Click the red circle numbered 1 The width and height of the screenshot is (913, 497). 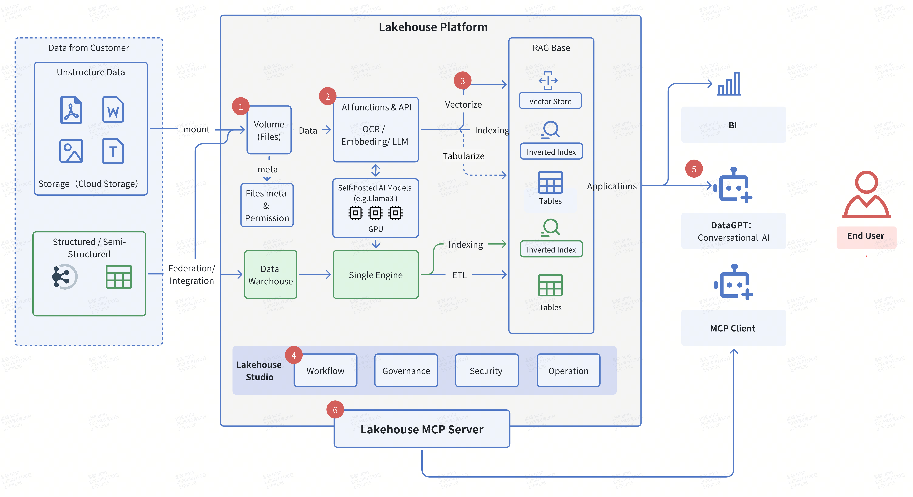(241, 106)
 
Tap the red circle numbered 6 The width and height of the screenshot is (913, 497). (335, 410)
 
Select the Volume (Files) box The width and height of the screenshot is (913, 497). (269, 130)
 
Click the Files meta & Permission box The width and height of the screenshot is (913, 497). (267, 205)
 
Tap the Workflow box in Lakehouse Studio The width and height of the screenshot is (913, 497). (325, 371)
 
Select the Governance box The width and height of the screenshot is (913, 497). (406, 371)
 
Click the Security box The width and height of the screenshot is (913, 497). (486, 371)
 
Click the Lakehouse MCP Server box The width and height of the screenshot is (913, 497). (422, 429)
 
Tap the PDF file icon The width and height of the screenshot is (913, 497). (71, 110)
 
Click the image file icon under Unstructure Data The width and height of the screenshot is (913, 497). (71, 151)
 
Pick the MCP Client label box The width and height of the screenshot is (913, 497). (733, 328)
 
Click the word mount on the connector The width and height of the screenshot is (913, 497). (196, 129)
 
